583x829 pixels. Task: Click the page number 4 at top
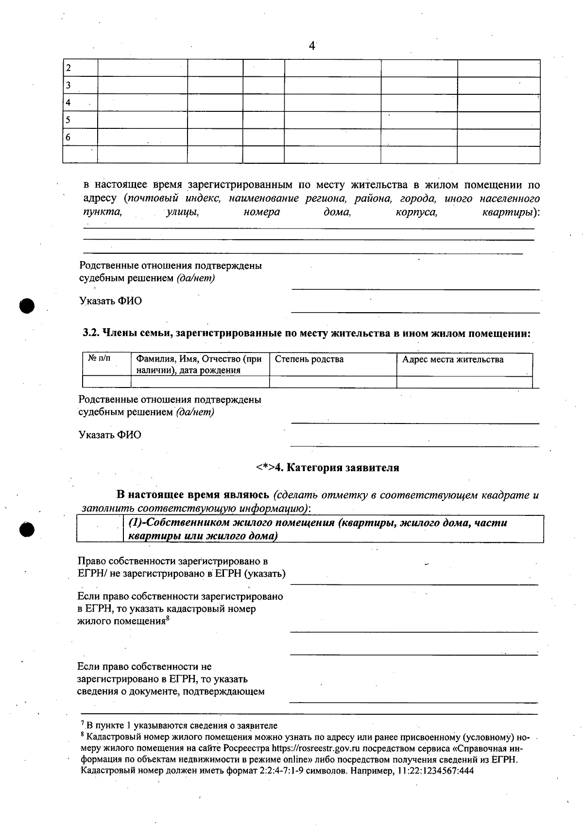pyautogui.click(x=312, y=46)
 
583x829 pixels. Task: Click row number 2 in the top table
pyautogui.click(x=69, y=68)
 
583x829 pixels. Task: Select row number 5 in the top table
pyautogui.click(x=69, y=120)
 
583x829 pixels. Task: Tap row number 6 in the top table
pyautogui.click(x=69, y=138)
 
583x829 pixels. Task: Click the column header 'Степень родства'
pyautogui.click(x=309, y=359)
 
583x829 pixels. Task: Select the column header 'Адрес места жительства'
pyautogui.click(x=453, y=359)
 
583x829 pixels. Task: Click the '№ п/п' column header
pyautogui.click(x=99, y=358)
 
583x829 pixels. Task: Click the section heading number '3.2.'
pyautogui.click(x=90, y=334)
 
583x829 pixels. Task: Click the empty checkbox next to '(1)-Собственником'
pyautogui.click(x=100, y=529)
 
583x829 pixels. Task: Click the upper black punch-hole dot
pyautogui.click(x=28, y=306)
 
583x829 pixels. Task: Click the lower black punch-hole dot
pyautogui.click(x=28, y=530)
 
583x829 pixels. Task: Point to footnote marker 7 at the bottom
pyautogui.click(x=83, y=724)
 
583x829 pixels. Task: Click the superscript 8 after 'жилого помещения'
pyautogui.click(x=168, y=618)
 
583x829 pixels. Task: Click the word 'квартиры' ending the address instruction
pyautogui.click(x=509, y=212)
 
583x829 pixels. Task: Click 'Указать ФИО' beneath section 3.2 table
pyautogui.click(x=110, y=435)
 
